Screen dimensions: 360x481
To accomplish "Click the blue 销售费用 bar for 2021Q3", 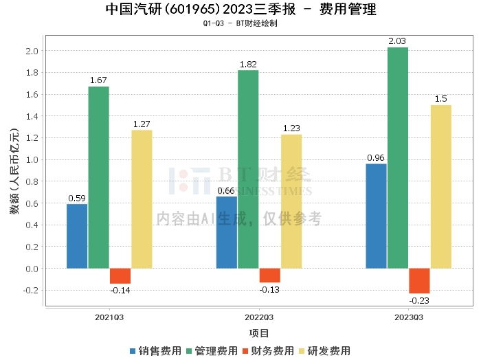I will [x=77, y=236].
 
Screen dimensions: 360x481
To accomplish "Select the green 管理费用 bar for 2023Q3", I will [x=397, y=157].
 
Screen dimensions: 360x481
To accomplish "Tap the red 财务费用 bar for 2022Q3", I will [x=269, y=275].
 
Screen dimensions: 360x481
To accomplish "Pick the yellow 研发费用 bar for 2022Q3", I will [x=291, y=201].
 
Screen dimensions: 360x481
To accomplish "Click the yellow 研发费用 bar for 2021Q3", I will [x=142, y=199].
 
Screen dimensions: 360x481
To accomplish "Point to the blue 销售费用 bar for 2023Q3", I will [x=376, y=216].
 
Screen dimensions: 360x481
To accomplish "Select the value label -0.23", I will [x=419, y=301].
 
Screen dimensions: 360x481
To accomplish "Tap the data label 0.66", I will [x=227, y=190].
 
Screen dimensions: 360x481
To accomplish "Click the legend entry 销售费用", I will [x=155, y=350].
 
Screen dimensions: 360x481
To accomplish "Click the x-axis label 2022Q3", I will [x=259, y=317].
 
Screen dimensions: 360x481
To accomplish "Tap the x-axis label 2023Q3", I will [x=408, y=317].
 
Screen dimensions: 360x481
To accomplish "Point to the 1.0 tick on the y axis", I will [x=31, y=160].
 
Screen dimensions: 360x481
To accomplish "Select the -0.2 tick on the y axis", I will [x=30, y=291].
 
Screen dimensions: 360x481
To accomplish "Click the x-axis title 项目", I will [x=258, y=333].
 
